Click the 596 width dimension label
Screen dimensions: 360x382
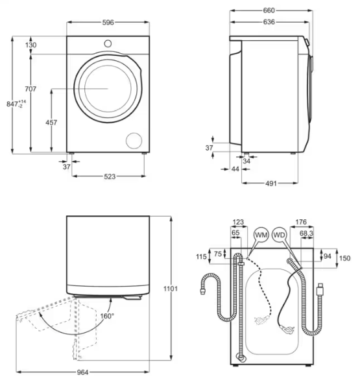108,23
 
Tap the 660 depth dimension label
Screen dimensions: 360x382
269,10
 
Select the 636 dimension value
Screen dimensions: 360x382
269,22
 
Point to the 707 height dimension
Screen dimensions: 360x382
30,89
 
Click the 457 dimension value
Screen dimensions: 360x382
51,123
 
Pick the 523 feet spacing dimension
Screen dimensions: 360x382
110,176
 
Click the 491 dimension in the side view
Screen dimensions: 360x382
270,183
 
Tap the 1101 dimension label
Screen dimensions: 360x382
171,289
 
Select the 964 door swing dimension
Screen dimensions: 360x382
83,372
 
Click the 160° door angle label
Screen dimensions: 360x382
107,316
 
